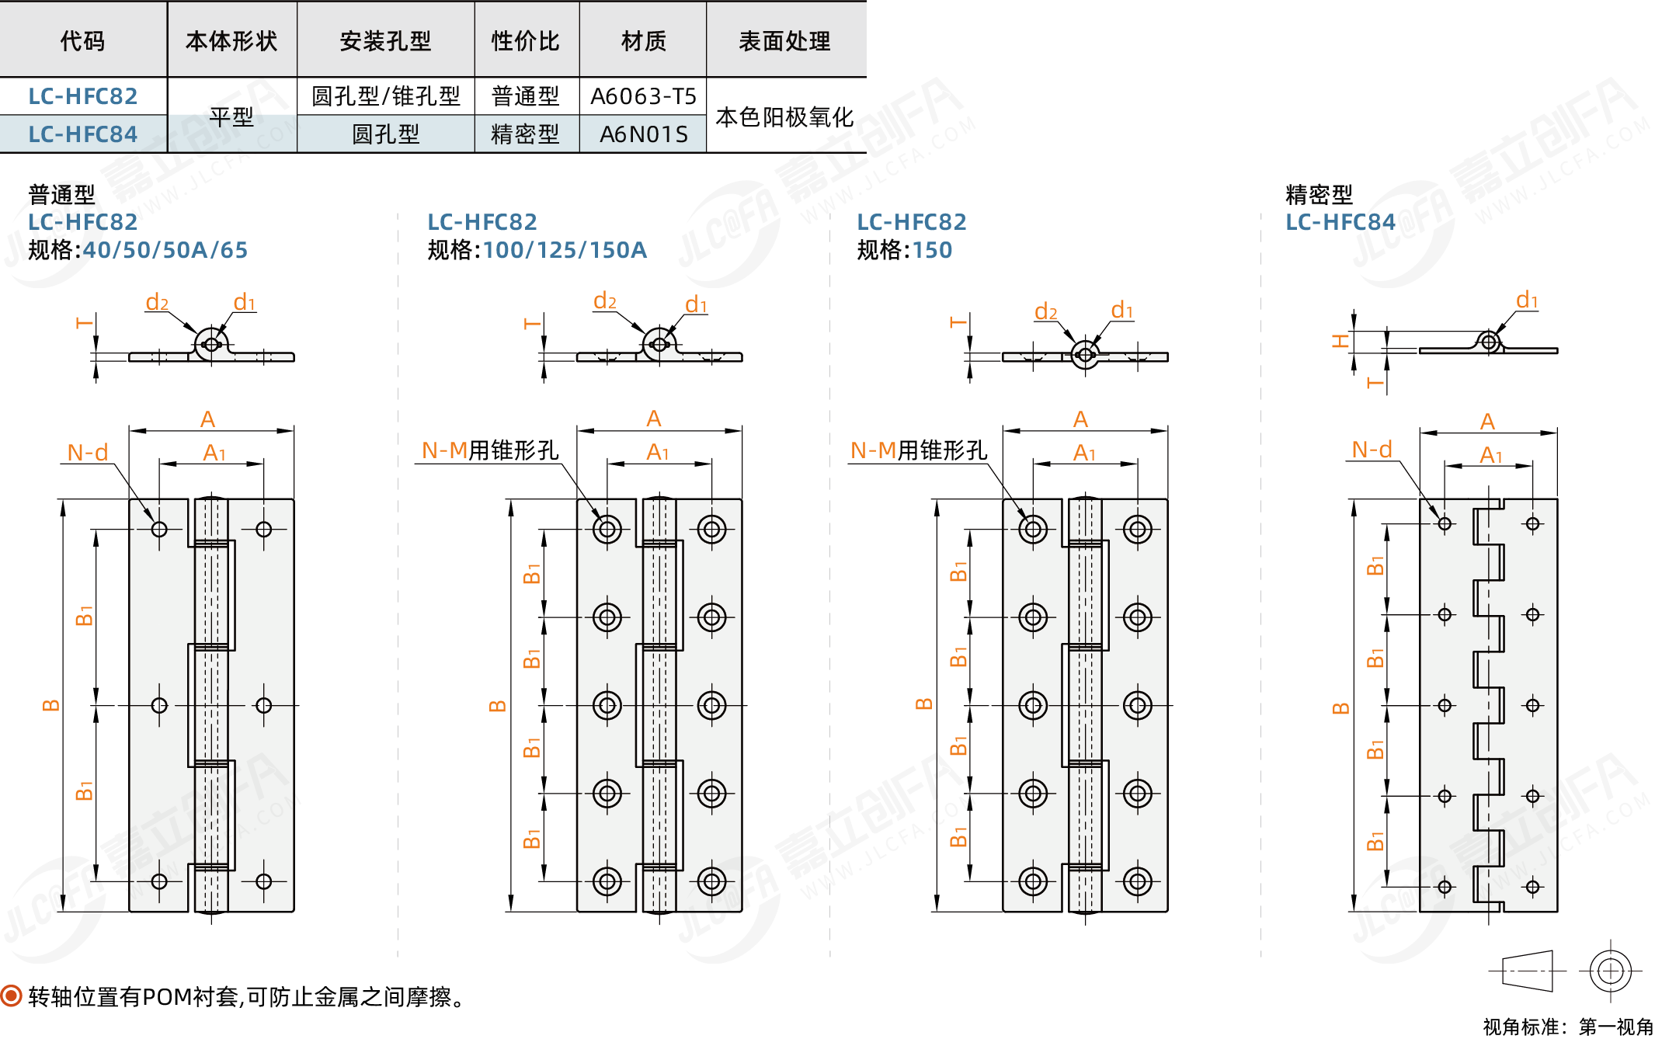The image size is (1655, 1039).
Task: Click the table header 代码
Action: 82,40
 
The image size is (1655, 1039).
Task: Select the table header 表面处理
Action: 784,40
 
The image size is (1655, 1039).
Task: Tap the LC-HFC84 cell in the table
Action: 82,134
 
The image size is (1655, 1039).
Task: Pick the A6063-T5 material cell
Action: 643,96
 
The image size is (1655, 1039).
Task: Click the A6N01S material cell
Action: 643,134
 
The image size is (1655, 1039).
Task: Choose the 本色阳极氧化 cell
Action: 784,117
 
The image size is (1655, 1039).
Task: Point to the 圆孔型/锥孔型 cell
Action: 385,96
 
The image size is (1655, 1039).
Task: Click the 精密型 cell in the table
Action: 525,134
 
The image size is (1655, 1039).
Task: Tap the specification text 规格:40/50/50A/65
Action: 138,250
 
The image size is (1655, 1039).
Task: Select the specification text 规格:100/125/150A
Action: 537,250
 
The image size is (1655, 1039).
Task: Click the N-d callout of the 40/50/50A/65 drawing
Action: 88,452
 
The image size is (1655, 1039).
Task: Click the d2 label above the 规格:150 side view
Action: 1046,312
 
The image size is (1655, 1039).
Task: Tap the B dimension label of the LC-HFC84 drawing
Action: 1340,708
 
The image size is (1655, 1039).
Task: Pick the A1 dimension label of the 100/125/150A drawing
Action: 658,452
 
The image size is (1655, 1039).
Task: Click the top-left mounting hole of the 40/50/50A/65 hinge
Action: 159,530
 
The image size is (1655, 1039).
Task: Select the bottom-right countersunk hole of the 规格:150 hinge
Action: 1138,881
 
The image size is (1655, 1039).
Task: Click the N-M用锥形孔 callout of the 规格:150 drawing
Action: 919,450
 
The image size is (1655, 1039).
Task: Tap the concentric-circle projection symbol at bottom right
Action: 1610,971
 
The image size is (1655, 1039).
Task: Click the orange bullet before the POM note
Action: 12,996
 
